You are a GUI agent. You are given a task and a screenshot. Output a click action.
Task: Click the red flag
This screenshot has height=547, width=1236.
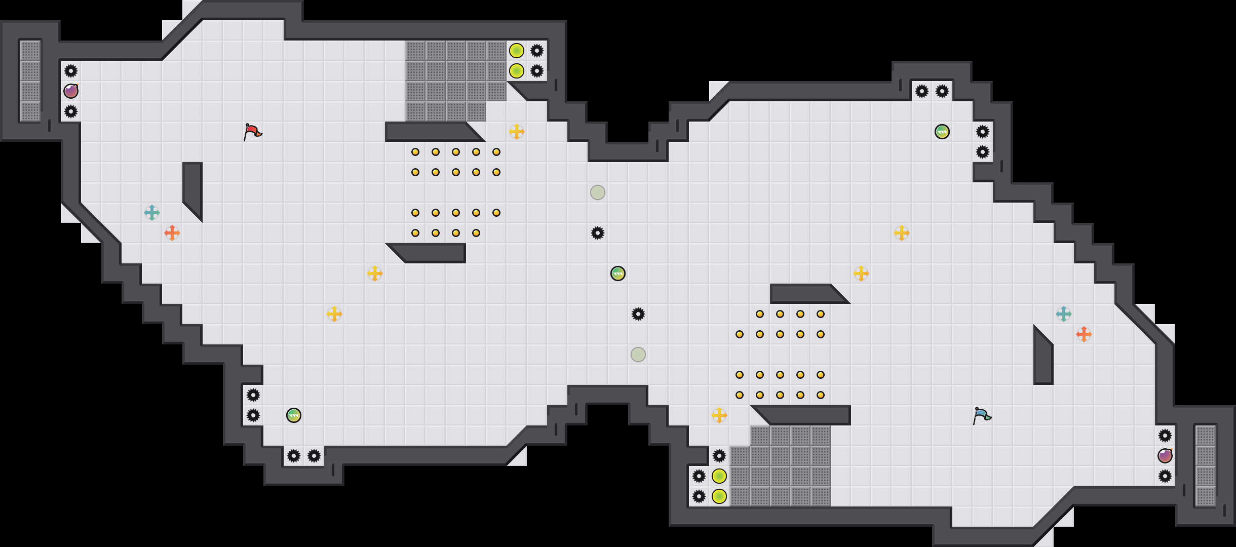pyautogui.click(x=252, y=132)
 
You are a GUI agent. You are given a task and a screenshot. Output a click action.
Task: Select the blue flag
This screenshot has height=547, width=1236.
pyautogui.click(x=981, y=415)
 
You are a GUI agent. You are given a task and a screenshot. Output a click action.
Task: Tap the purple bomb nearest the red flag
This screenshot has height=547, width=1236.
pyautogui.click(x=71, y=91)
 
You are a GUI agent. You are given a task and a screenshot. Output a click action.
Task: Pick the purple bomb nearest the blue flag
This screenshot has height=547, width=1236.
pyautogui.click(x=1165, y=456)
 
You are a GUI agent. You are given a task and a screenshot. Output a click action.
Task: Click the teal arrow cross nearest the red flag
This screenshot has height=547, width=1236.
pyautogui.click(x=152, y=213)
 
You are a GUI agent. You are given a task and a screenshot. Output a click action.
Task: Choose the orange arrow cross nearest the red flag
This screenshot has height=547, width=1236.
pyautogui.click(x=172, y=233)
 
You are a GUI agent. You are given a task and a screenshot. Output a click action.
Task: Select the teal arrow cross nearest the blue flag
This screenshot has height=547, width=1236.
pyautogui.click(x=1064, y=314)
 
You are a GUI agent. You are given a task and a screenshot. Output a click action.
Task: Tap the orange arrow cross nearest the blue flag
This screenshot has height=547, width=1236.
pyautogui.click(x=1084, y=334)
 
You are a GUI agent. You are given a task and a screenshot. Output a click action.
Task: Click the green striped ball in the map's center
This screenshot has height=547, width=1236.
pyautogui.click(x=618, y=273)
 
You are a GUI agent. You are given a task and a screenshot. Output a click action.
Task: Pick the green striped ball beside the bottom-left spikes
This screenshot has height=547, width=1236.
pyautogui.click(x=294, y=415)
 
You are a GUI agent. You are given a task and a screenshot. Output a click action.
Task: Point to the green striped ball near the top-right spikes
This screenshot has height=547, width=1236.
pyautogui.click(x=942, y=132)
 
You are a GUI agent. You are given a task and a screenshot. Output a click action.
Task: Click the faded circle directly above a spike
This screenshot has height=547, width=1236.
pyautogui.click(x=598, y=192)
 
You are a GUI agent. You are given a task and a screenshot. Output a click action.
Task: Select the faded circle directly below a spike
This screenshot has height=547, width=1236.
pyautogui.click(x=638, y=355)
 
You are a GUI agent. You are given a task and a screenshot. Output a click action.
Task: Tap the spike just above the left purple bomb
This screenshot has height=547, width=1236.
pyautogui.click(x=71, y=71)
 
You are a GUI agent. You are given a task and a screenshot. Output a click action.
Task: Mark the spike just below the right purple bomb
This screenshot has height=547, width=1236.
pyautogui.click(x=1165, y=476)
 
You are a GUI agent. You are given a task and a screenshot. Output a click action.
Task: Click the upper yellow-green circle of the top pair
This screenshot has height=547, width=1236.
pyautogui.click(x=517, y=51)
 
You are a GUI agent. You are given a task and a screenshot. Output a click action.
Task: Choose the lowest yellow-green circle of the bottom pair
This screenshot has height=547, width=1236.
pyautogui.click(x=719, y=496)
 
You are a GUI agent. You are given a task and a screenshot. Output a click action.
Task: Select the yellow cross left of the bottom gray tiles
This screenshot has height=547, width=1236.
pyautogui.click(x=719, y=415)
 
